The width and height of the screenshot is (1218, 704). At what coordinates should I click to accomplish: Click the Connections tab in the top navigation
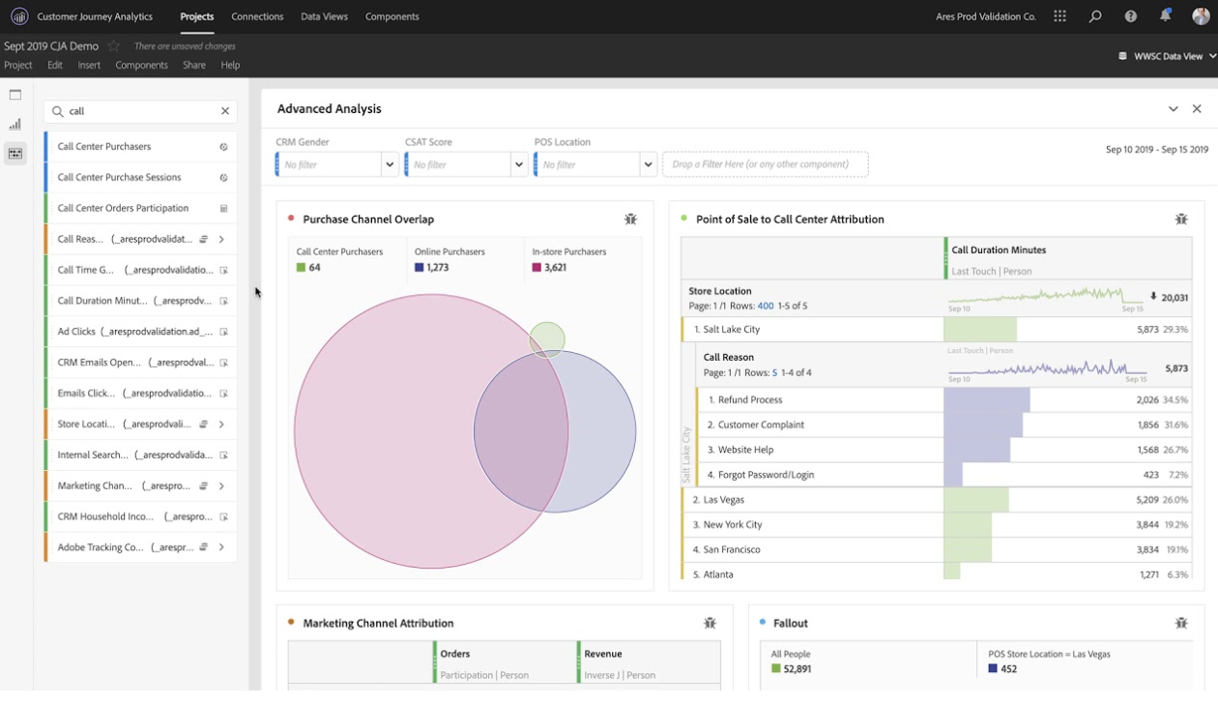tap(257, 16)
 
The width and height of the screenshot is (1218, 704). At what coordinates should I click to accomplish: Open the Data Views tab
tap(325, 16)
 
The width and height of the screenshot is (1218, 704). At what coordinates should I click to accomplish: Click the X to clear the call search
tap(225, 111)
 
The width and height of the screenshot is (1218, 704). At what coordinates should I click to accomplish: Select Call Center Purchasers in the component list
tap(104, 147)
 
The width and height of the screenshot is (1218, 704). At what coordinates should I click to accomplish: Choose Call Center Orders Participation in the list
tap(123, 208)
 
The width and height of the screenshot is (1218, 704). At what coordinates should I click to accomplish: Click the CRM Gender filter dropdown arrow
tap(390, 164)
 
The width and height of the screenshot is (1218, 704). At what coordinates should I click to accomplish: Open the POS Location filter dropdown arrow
tap(648, 164)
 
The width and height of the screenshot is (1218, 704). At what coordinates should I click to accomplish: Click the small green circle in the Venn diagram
tap(547, 339)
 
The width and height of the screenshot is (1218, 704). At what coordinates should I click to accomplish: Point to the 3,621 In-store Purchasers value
tap(555, 268)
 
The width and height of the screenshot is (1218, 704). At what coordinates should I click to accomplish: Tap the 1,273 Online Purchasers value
tap(437, 268)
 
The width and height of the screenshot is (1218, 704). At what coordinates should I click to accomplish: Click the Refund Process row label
tap(750, 399)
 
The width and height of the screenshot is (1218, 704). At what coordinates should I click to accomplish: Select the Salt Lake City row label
tap(732, 330)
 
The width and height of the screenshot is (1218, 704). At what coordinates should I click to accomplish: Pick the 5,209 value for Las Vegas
tap(1147, 500)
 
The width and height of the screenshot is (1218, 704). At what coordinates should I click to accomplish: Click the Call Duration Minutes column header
tap(999, 250)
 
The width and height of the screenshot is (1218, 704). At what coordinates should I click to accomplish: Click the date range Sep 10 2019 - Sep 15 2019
tap(1156, 150)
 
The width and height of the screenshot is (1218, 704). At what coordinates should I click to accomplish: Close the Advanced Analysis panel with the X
tap(1197, 109)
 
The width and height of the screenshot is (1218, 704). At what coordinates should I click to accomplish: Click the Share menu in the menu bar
tap(194, 65)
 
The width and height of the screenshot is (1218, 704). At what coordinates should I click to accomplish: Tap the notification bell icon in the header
tap(1165, 16)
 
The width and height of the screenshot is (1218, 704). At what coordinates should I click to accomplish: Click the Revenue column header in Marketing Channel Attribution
tap(603, 654)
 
